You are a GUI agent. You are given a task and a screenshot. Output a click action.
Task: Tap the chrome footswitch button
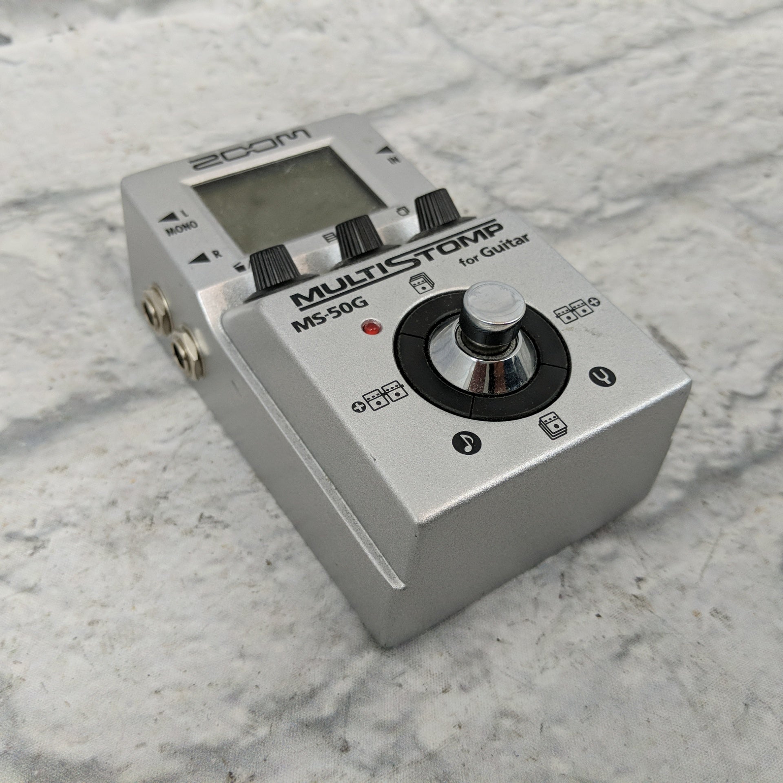[495, 302]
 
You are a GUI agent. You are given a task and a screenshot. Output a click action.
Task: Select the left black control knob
[272, 272]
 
